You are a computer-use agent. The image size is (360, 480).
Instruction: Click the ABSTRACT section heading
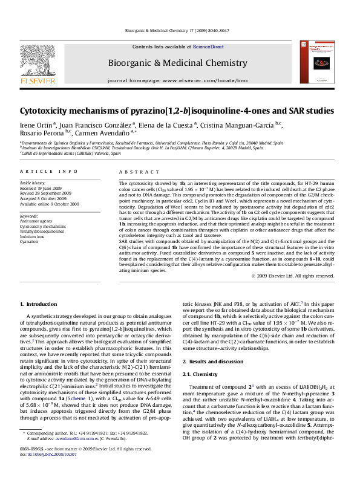click(x=133, y=172)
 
